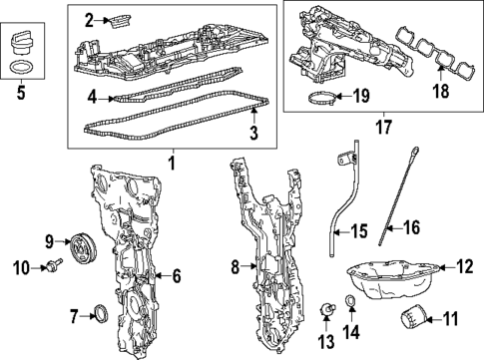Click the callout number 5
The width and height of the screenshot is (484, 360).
click(x=21, y=100)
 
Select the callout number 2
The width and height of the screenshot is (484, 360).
click(x=89, y=20)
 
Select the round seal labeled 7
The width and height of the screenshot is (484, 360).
click(x=98, y=315)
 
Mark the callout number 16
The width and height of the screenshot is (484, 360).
click(x=410, y=228)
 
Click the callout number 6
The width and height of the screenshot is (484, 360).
click(x=175, y=275)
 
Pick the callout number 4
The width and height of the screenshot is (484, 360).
click(x=91, y=98)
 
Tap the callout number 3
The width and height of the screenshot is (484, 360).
click(x=253, y=132)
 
